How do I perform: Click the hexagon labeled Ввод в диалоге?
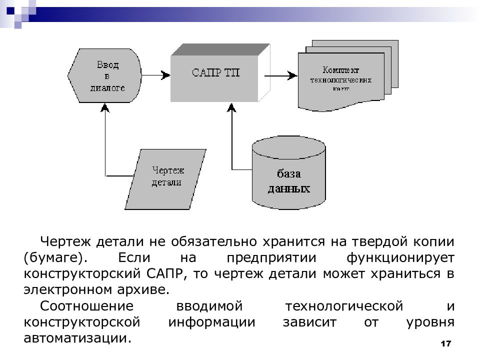point(107,75)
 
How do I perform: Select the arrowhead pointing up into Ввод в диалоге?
point(104,108)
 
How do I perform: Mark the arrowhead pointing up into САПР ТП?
point(231,108)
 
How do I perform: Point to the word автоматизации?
point(77,338)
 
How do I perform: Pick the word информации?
point(211,322)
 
